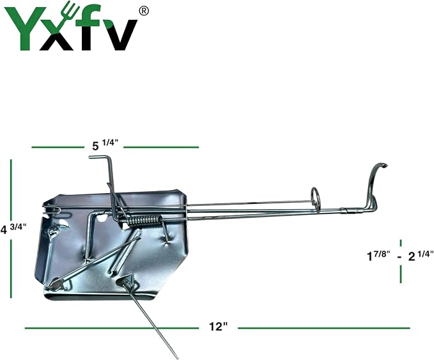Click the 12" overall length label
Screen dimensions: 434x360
pyautogui.click(x=218, y=327)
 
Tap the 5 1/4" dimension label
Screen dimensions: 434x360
pyautogui.click(x=105, y=145)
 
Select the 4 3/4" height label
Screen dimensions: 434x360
pyautogui.click(x=13, y=229)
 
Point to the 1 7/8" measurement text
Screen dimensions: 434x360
pyautogui.click(x=378, y=255)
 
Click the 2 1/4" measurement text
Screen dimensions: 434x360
pyautogui.click(x=421, y=255)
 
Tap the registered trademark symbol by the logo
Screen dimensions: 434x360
pyautogui.click(x=143, y=11)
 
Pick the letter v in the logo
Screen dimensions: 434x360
pyautogui.click(x=120, y=35)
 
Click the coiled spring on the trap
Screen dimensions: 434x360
pyautogui.click(x=144, y=220)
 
